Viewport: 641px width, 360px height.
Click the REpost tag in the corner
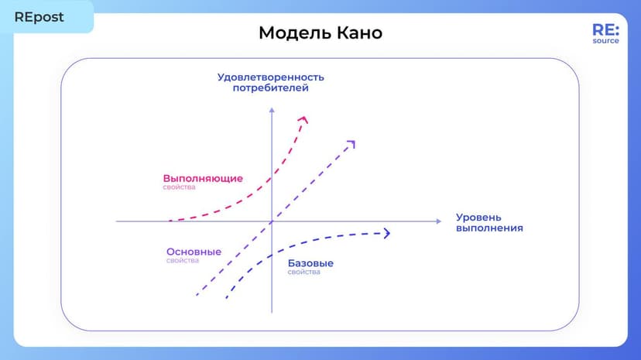click(39, 16)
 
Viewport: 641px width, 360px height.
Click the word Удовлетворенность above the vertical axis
click(270, 77)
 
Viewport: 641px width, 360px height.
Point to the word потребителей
click(270, 88)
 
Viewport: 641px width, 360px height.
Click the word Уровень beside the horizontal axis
click(478, 218)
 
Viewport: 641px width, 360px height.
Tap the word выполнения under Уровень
click(489, 228)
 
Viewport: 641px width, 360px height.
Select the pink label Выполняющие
click(203, 178)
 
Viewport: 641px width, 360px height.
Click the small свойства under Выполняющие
click(179, 187)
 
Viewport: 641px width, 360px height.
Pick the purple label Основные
click(194, 252)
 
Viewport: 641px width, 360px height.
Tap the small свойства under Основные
click(183, 261)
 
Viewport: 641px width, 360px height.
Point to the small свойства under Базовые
click(303, 273)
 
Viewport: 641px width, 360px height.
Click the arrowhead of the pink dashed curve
click(303, 119)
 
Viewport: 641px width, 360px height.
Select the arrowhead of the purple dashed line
click(351, 143)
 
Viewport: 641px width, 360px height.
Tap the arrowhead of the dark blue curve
click(386, 233)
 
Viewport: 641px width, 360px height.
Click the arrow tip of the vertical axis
click(272, 109)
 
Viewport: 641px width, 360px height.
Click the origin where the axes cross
click(272, 221)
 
